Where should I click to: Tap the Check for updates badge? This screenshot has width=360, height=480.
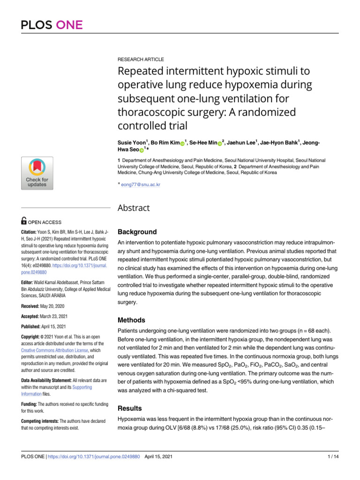click(x=37, y=173)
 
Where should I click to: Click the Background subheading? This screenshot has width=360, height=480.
click(x=137, y=232)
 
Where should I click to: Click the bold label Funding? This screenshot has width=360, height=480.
click(x=31, y=404)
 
